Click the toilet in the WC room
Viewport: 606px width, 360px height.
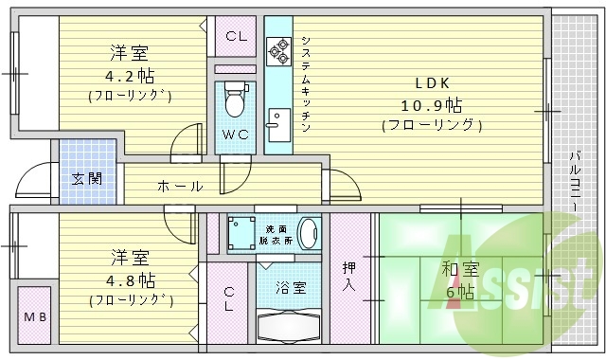235,99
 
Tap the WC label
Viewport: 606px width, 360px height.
235,135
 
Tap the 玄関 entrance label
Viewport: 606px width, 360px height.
87,177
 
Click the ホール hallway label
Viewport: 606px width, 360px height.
177,185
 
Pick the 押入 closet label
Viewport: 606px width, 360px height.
349,275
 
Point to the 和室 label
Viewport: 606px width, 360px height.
457,270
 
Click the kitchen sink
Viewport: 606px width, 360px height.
277,124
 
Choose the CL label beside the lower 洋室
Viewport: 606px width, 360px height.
230,301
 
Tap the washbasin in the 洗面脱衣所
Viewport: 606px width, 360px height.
308,232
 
